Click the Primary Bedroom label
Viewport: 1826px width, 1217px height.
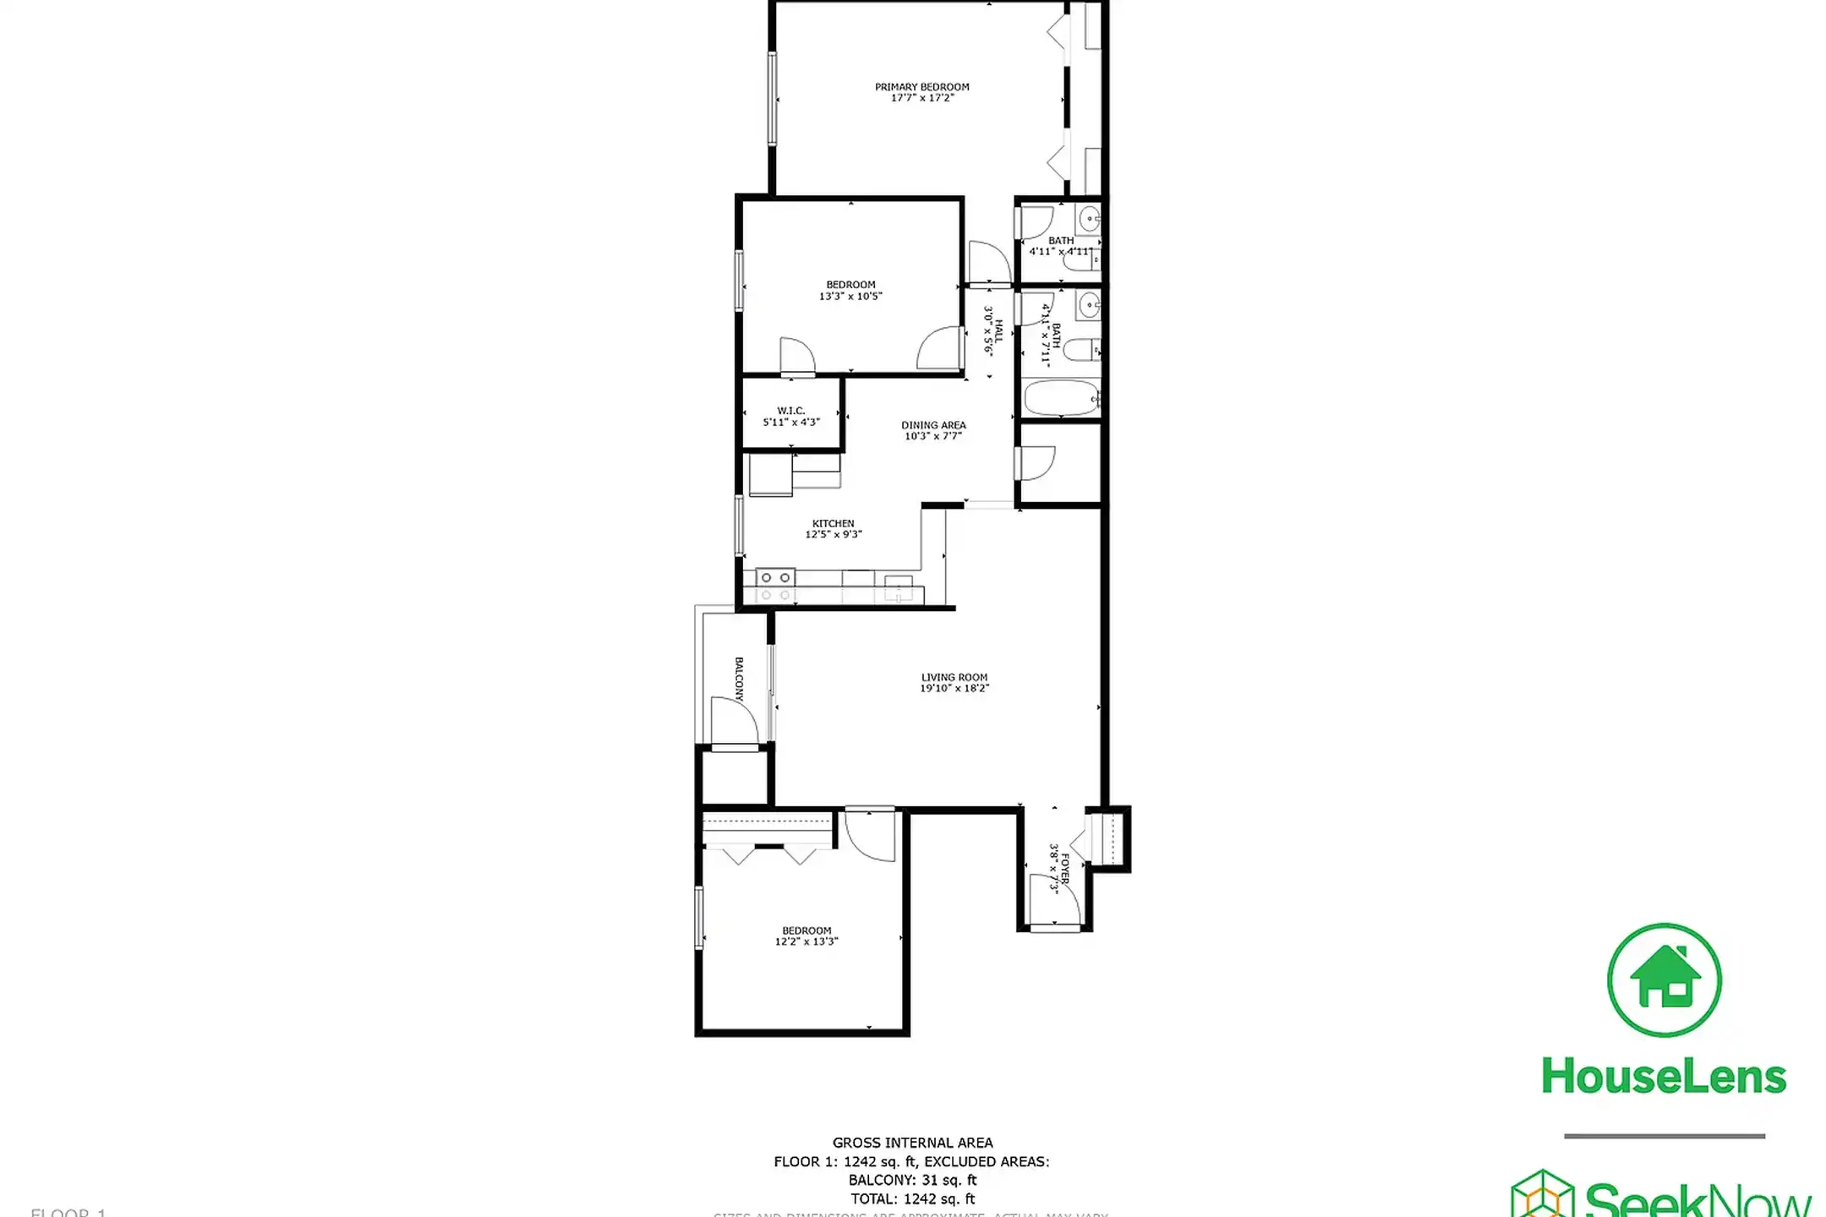point(921,87)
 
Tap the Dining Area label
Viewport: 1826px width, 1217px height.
point(933,425)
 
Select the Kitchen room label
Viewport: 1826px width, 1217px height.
point(833,524)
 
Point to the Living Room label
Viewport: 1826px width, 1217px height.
point(954,677)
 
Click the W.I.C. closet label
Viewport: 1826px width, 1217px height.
point(791,411)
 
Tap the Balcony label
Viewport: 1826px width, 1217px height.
point(739,679)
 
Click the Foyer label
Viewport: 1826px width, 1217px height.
point(1064,869)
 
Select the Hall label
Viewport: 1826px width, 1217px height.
point(998,330)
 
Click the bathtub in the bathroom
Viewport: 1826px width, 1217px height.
point(1061,398)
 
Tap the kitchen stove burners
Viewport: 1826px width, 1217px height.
point(775,578)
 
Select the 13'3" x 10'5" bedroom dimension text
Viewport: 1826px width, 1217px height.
point(850,297)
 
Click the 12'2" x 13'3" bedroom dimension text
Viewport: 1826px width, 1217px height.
point(806,941)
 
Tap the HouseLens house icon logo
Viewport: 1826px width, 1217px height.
point(1664,980)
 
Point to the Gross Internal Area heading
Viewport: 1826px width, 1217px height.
point(912,1143)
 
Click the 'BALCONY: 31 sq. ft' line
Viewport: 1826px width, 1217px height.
point(912,1180)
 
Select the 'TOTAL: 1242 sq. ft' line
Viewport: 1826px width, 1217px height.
point(912,1198)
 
